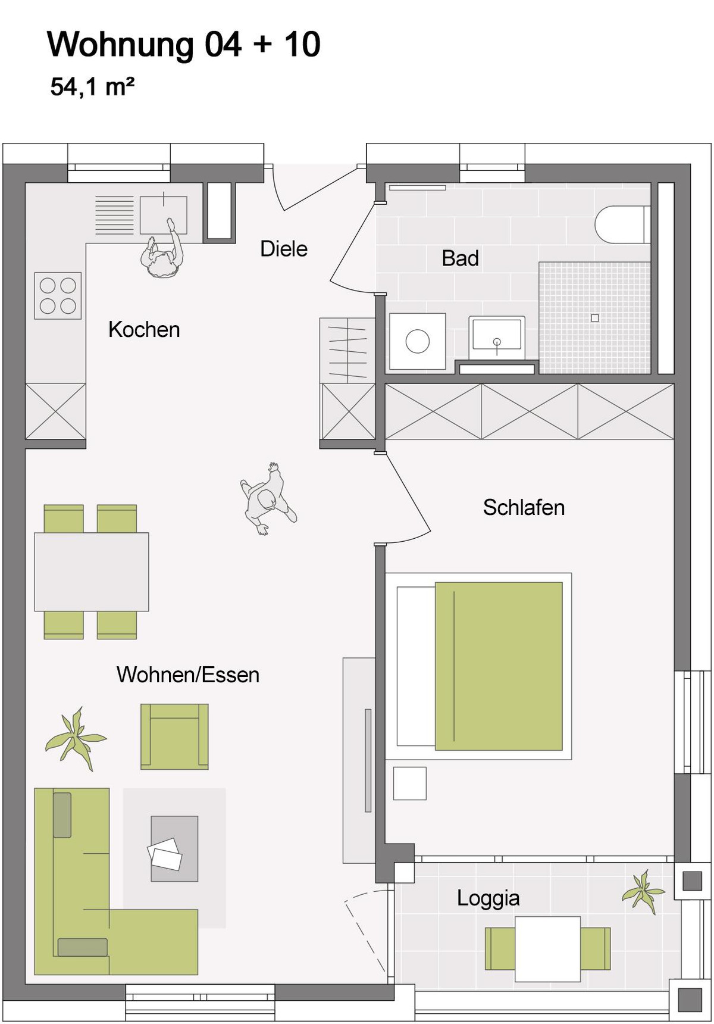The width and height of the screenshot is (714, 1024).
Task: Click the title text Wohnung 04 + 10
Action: [x=184, y=45]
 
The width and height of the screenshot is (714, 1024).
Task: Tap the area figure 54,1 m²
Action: [x=92, y=87]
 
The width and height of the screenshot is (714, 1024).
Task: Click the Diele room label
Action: [x=284, y=249]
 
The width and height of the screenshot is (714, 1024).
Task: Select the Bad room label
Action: [x=460, y=258]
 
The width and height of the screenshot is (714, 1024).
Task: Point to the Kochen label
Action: [x=144, y=330]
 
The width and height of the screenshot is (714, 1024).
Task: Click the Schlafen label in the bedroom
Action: [x=524, y=508]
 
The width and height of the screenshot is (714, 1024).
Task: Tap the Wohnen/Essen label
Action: [x=188, y=675]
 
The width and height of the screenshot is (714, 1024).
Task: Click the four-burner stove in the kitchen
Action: [x=58, y=296]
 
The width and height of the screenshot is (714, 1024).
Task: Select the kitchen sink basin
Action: [x=164, y=215]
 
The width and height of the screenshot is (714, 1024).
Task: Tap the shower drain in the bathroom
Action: [x=594, y=319]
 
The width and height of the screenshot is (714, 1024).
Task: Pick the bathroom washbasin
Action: [x=497, y=336]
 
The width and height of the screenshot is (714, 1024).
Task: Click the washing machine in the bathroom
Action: [x=418, y=342]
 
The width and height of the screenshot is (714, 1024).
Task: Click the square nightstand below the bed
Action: [x=410, y=783]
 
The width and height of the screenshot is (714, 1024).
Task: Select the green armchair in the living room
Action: [x=174, y=737]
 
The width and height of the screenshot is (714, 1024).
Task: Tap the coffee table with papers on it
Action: [x=174, y=849]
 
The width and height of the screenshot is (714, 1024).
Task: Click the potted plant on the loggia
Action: [x=643, y=892]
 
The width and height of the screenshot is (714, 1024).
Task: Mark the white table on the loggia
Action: [x=547, y=949]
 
